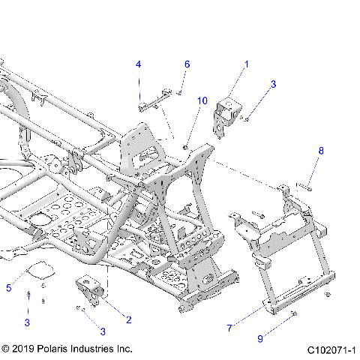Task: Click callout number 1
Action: (x=247, y=64)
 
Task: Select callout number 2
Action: (x=128, y=319)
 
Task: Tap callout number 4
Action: (x=138, y=64)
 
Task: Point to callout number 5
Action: (x=9, y=287)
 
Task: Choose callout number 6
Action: (x=187, y=64)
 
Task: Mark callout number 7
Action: (x=230, y=327)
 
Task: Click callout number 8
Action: (x=321, y=151)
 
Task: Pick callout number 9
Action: (x=260, y=338)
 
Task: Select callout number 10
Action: (x=202, y=100)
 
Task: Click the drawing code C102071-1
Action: (x=331, y=349)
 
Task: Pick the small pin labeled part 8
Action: (x=304, y=188)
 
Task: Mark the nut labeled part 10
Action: (x=184, y=145)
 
